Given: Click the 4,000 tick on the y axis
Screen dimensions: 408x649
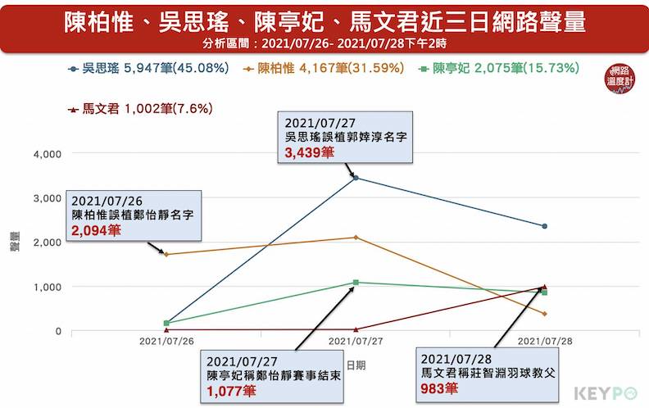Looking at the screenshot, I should [46, 153].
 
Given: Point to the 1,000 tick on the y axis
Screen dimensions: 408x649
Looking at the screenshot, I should [46, 287].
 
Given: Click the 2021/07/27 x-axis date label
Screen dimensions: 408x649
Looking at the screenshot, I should [356, 341].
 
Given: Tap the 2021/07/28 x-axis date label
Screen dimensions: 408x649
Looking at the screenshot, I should [545, 341].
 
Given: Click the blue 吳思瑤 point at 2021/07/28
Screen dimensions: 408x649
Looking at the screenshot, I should [545, 226].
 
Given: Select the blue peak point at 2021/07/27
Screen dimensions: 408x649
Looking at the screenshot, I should [356, 178].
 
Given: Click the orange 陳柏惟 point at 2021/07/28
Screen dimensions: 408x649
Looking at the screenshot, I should [545, 314].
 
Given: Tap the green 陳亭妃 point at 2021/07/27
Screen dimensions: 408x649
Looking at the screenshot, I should [356, 283].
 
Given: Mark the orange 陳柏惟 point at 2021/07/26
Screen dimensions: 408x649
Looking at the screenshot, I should [166, 254].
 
